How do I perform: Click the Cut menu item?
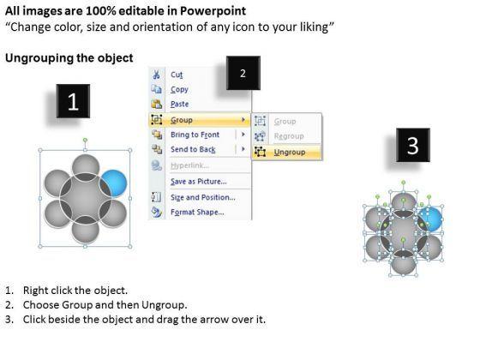(x=177, y=75)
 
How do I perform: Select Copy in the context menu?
(x=179, y=89)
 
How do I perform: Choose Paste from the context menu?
(x=179, y=104)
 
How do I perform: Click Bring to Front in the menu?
(x=195, y=135)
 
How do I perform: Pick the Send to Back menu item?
(x=193, y=149)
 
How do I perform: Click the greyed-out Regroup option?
(x=289, y=136)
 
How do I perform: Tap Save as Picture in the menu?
(x=199, y=182)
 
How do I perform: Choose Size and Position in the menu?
(x=203, y=197)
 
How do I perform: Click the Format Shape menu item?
(x=197, y=213)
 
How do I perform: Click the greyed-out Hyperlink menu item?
(x=189, y=165)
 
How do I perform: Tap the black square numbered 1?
(x=73, y=101)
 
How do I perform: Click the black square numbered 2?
(x=243, y=73)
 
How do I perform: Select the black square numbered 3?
(x=413, y=145)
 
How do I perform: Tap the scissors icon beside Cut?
(x=156, y=75)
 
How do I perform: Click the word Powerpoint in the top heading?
(x=213, y=11)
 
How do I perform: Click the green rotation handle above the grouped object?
(x=85, y=141)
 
